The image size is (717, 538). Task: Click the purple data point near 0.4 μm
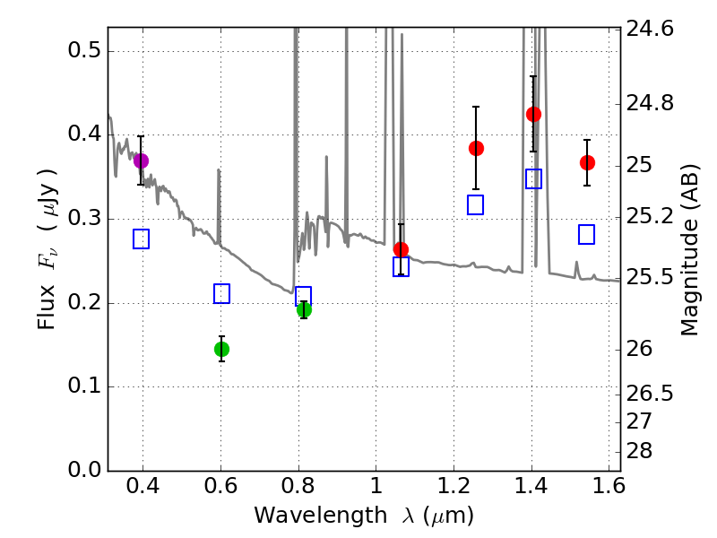point(141,161)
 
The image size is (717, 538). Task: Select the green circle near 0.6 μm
point(221,349)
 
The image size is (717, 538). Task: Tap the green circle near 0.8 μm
point(304,309)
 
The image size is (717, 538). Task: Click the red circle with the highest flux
point(533,114)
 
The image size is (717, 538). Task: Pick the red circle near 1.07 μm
point(401,249)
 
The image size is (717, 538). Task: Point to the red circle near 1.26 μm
point(476,148)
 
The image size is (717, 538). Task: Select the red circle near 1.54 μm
point(587,162)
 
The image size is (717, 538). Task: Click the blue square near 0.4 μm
point(141,239)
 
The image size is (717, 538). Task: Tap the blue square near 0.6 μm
point(221,293)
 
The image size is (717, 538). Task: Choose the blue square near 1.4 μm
point(533,178)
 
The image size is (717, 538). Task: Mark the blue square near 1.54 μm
point(587,234)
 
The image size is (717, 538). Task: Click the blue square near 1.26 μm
point(476,204)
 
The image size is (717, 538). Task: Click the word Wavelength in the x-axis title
point(301,516)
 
